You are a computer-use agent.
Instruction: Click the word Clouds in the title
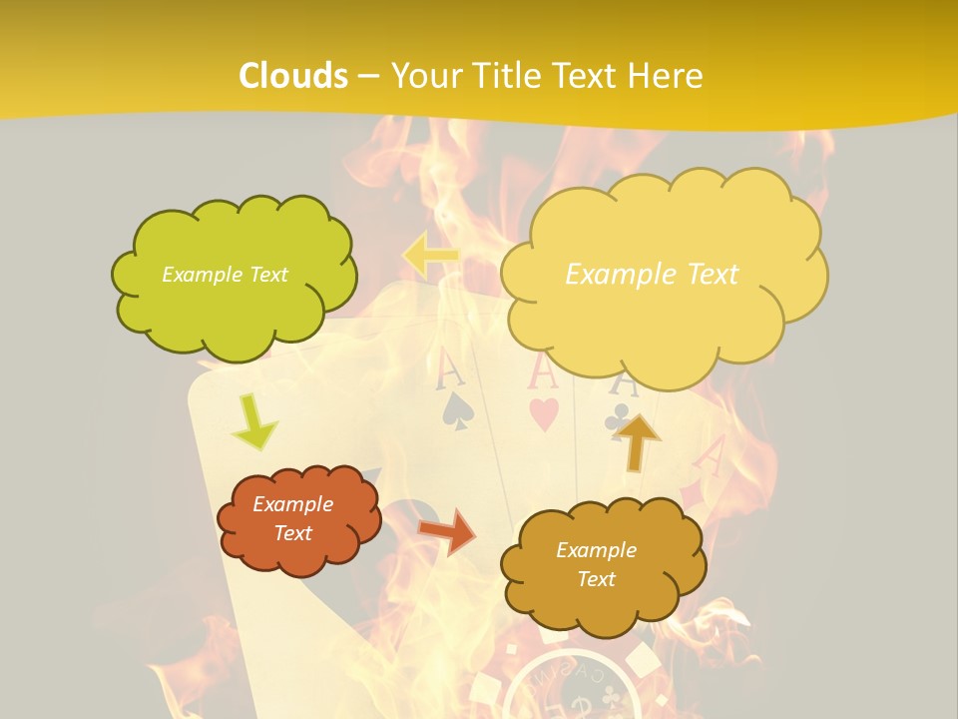tap(293, 76)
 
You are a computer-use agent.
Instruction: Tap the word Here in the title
tap(667, 76)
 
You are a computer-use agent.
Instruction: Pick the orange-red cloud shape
tap(298, 519)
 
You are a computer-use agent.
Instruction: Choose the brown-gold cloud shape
tap(602, 565)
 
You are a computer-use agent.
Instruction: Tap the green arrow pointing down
tap(255, 421)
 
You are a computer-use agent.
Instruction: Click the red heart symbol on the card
tap(543, 414)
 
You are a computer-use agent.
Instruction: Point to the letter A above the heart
tap(540, 371)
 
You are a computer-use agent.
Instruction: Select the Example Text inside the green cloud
tap(225, 275)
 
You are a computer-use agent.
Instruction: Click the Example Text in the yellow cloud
tap(652, 275)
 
